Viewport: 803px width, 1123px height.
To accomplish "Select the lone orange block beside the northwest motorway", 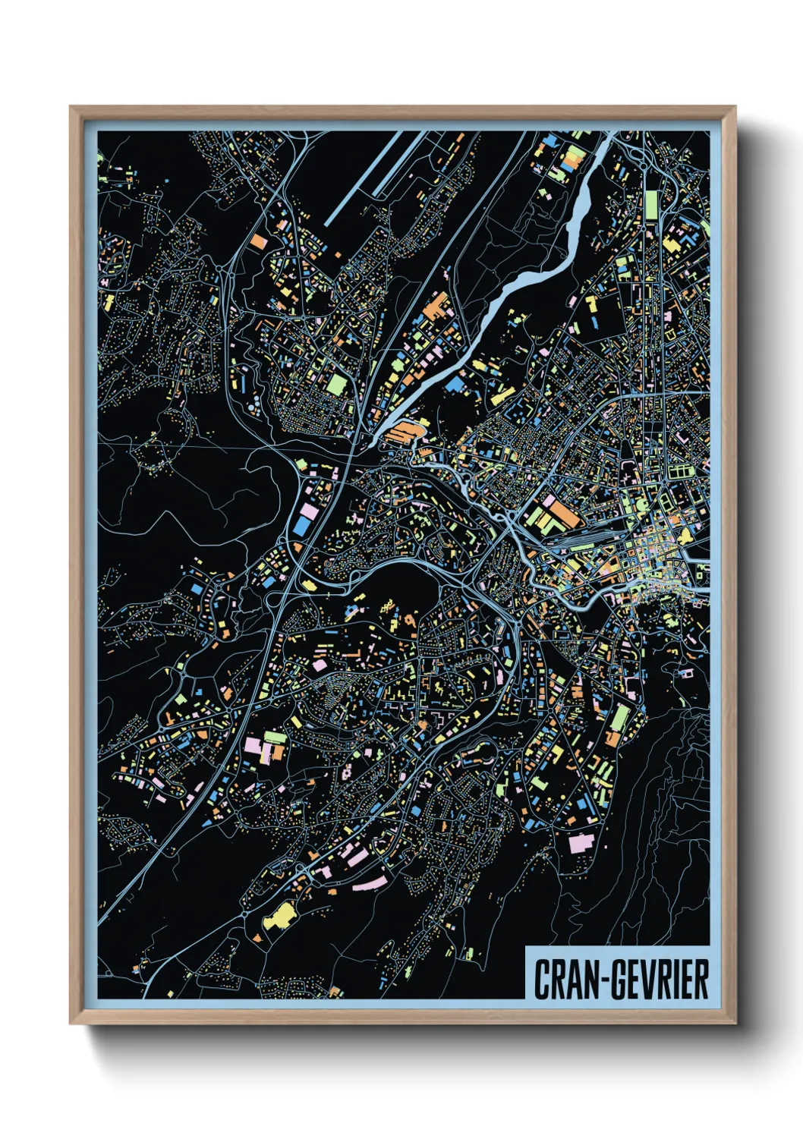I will point(258,241).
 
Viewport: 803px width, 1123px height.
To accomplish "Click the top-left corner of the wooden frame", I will point(71,108).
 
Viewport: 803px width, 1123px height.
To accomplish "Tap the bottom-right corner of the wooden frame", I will point(735,1023).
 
